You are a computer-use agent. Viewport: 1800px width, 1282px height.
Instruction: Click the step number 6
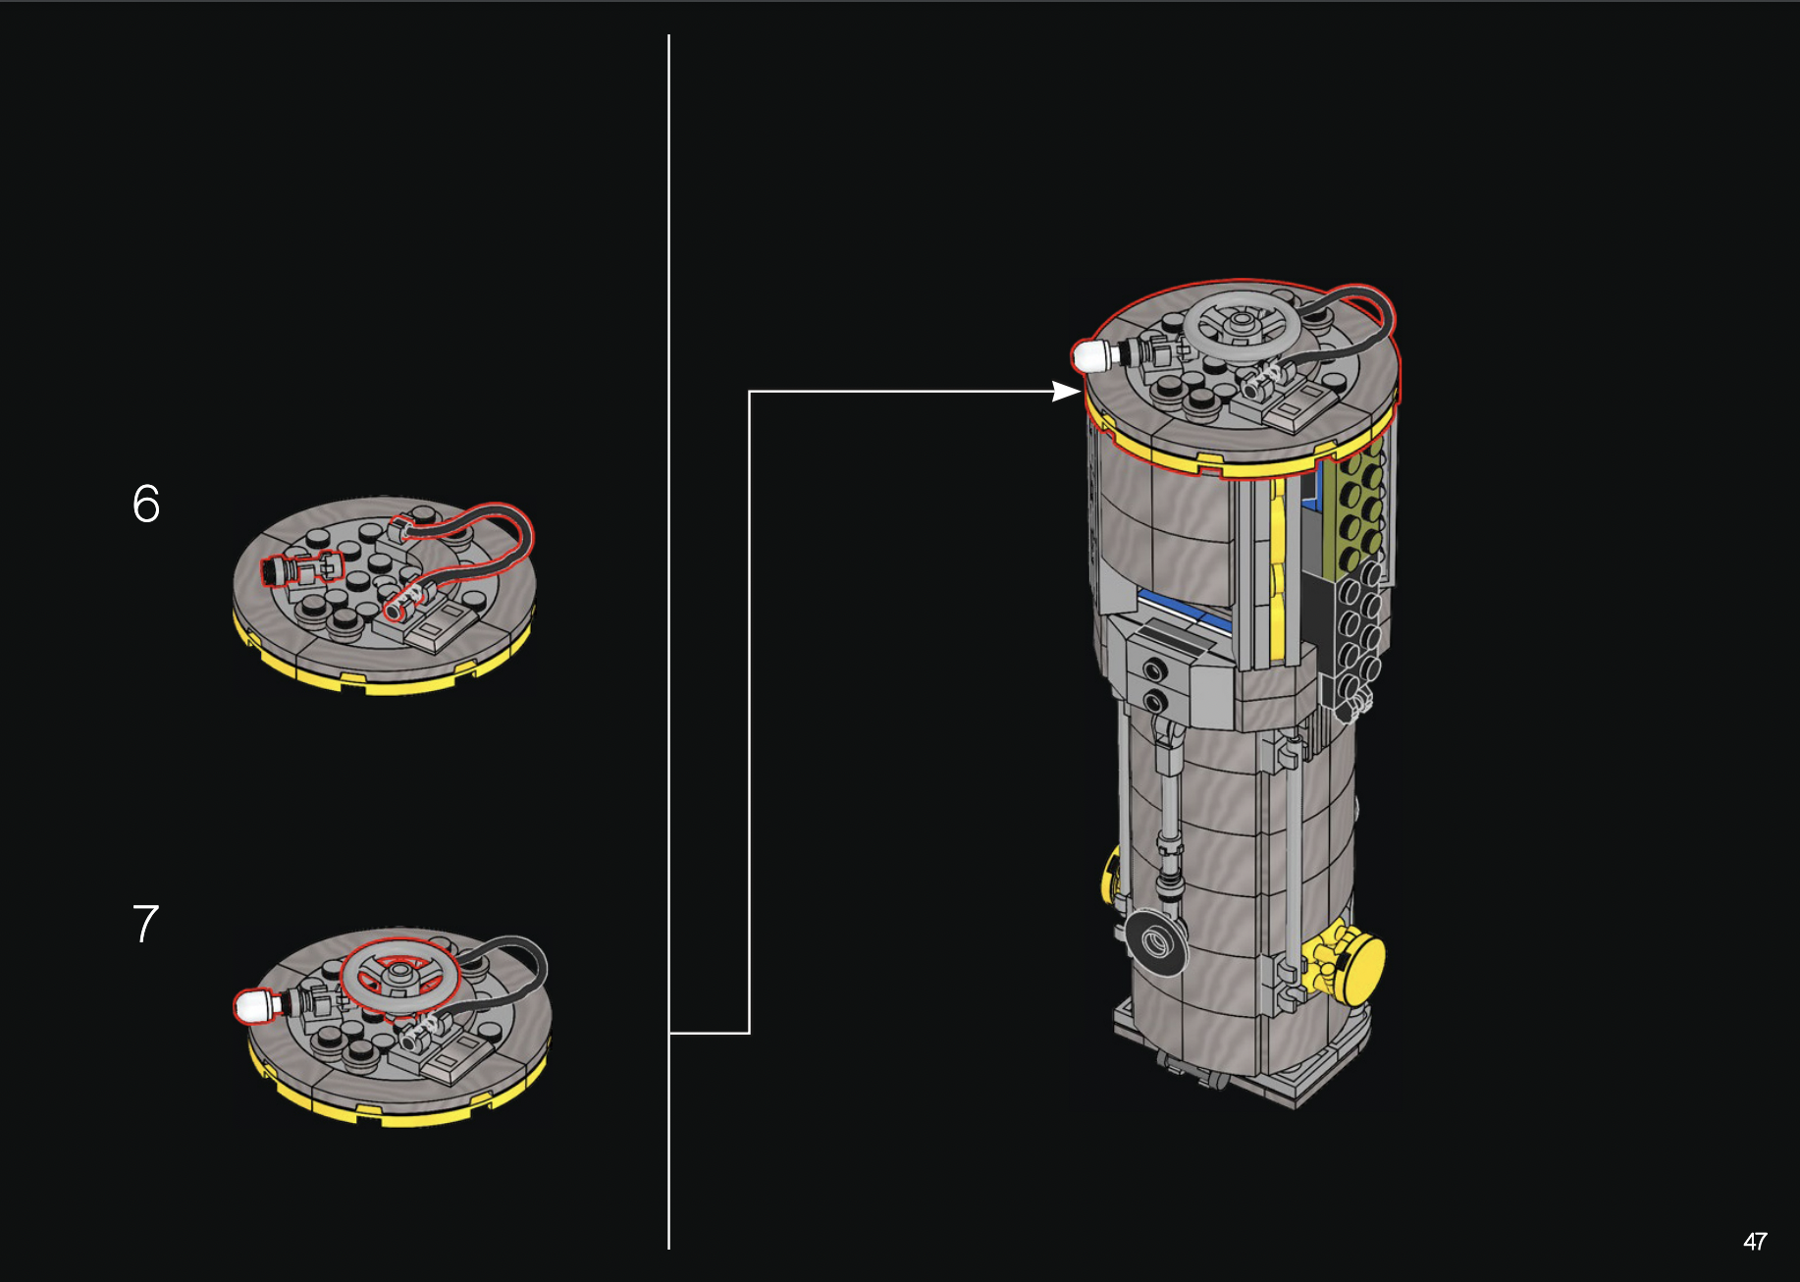[145, 504]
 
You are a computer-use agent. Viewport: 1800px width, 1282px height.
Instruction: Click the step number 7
[145, 924]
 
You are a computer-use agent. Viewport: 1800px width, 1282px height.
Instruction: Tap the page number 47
[1755, 1242]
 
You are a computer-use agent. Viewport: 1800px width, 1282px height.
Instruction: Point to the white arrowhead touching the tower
[1067, 391]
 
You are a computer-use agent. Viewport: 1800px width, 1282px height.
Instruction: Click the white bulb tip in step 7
[252, 1006]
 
